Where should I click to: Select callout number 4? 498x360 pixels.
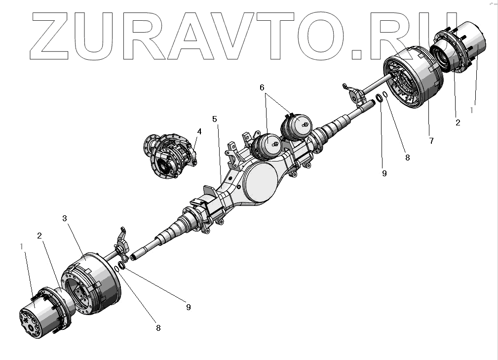click(199, 131)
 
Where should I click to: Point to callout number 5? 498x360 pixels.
click(214, 119)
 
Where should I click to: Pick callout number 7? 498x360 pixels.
click(431, 141)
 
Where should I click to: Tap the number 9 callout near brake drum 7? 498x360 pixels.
click(384, 173)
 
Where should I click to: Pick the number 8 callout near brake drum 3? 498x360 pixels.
click(158, 327)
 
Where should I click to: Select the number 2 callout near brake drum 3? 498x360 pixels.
click(38, 236)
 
